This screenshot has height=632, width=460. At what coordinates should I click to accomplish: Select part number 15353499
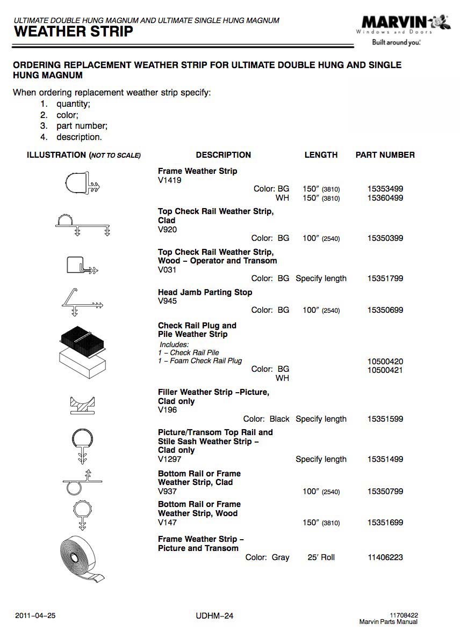coord(385,189)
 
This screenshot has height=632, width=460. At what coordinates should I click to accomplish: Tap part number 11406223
coord(385,557)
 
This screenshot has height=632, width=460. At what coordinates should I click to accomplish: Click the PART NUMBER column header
coord(385,155)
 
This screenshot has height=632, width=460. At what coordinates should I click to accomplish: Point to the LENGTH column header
coord(321,155)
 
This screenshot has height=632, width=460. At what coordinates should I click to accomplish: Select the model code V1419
coord(170,180)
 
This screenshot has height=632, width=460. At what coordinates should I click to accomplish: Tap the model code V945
coord(167,301)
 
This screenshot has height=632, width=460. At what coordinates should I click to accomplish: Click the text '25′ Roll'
coord(321,557)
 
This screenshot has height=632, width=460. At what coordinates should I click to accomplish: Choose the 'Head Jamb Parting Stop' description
coord(205,292)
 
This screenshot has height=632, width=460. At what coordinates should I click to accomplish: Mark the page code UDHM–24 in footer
coord(215,616)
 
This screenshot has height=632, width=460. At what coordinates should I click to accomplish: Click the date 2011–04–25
coord(35,616)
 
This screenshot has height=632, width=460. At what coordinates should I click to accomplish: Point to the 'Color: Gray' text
coord(267,557)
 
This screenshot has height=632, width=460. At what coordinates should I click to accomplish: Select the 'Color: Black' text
coord(266,419)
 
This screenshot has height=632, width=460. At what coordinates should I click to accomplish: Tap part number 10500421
coord(385,370)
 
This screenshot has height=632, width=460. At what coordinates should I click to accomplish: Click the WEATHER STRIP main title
coord(73,32)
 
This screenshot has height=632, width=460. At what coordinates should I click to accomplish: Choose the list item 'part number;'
coord(82,126)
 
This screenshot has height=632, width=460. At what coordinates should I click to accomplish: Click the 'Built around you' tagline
coord(396,42)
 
